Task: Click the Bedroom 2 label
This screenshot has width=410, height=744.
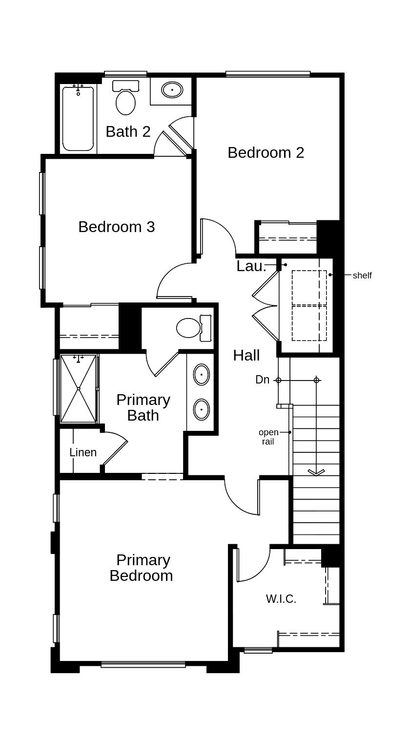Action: [266, 152]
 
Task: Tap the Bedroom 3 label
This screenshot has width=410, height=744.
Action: [116, 227]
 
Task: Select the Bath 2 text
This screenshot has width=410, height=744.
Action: [128, 131]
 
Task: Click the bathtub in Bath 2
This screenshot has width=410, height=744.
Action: [78, 119]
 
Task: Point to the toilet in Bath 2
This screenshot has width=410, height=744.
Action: [126, 99]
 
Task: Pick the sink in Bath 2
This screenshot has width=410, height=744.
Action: [172, 90]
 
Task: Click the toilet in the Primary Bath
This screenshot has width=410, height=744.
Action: [192, 328]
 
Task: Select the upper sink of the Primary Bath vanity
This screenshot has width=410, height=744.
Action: [201, 375]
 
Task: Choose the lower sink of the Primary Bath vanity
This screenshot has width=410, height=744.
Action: [201, 409]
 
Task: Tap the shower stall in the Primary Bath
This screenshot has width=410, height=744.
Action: [79, 388]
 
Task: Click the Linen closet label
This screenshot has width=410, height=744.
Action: [83, 452]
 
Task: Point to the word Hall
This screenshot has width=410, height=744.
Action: [246, 355]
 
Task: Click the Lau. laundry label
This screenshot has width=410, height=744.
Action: [251, 266]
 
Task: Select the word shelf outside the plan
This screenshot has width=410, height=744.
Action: [362, 276]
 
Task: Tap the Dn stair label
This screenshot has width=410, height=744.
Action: [262, 380]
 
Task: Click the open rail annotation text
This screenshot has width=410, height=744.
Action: [268, 437]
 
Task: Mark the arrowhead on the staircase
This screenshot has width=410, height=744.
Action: [316, 472]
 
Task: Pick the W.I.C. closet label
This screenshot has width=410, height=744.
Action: [281, 598]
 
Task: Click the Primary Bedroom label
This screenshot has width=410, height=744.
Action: [141, 568]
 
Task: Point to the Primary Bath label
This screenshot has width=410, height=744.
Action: [143, 407]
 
